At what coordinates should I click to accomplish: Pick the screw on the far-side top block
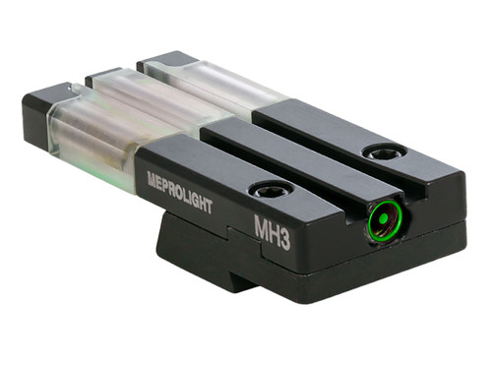pyautogui.click(x=383, y=152)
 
